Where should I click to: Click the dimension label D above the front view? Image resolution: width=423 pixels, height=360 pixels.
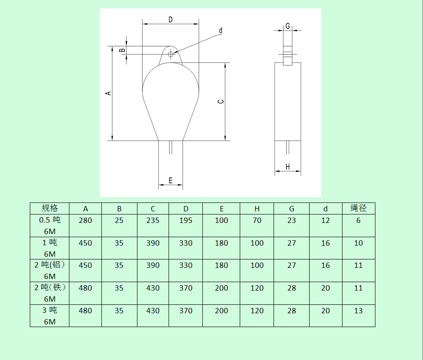click(x=170, y=20)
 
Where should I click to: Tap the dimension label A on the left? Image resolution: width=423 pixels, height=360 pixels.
click(x=107, y=93)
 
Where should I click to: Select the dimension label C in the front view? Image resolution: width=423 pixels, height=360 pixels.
click(x=221, y=101)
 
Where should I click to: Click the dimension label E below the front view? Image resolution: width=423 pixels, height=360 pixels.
click(x=170, y=180)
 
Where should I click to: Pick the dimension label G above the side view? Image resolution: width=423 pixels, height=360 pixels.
click(x=288, y=26)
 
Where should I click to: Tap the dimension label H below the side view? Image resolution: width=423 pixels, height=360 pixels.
click(x=287, y=167)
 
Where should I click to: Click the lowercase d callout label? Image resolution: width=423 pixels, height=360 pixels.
click(x=220, y=31)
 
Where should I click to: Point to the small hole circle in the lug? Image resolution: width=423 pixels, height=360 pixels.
click(x=170, y=54)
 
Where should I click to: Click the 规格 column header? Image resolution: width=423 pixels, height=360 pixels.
click(x=49, y=208)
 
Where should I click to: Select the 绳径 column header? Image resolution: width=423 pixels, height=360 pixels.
click(x=359, y=208)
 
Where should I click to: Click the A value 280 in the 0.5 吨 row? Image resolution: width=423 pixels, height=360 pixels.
click(x=85, y=220)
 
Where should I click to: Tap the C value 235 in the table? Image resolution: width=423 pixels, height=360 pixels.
click(x=153, y=220)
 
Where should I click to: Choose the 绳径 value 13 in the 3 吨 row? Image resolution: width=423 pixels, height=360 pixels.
click(x=359, y=311)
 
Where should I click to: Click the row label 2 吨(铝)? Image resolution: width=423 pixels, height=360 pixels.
click(x=49, y=265)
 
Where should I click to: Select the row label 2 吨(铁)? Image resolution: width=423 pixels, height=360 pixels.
click(x=49, y=288)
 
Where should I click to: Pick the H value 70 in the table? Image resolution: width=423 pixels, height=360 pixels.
click(x=257, y=220)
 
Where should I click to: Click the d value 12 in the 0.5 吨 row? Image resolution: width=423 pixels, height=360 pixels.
click(x=326, y=220)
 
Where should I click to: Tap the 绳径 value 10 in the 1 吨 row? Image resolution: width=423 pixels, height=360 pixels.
click(x=359, y=243)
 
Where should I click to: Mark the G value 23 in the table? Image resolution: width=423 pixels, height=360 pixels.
click(x=291, y=220)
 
